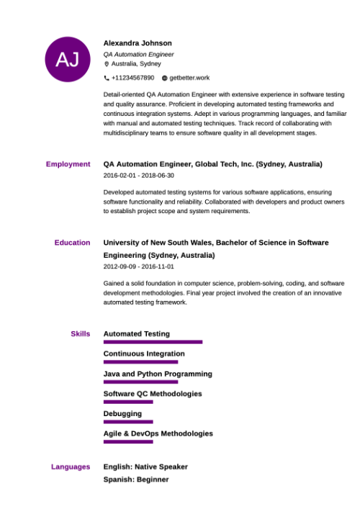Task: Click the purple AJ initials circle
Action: (x=68, y=59)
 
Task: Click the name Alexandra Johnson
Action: (x=138, y=42)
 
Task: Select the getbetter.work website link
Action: (x=189, y=78)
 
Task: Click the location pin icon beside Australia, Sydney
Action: (x=107, y=64)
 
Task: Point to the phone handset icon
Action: (x=107, y=78)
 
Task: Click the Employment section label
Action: (x=68, y=164)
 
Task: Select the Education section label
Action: (x=72, y=243)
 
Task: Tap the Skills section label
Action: (x=80, y=334)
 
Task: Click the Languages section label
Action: (x=71, y=467)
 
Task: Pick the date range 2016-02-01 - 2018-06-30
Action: (x=138, y=176)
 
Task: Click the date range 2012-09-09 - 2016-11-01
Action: (x=138, y=266)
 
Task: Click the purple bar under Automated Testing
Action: (x=153, y=342)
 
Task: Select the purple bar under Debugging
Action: (x=128, y=422)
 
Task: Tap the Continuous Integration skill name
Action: (x=144, y=354)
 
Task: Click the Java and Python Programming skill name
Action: (x=158, y=374)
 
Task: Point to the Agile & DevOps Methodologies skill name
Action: (x=158, y=434)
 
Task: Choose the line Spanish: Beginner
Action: (x=136, y=479)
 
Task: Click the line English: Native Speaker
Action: (x=145, y=467)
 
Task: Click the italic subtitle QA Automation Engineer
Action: (x=138, y=54)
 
